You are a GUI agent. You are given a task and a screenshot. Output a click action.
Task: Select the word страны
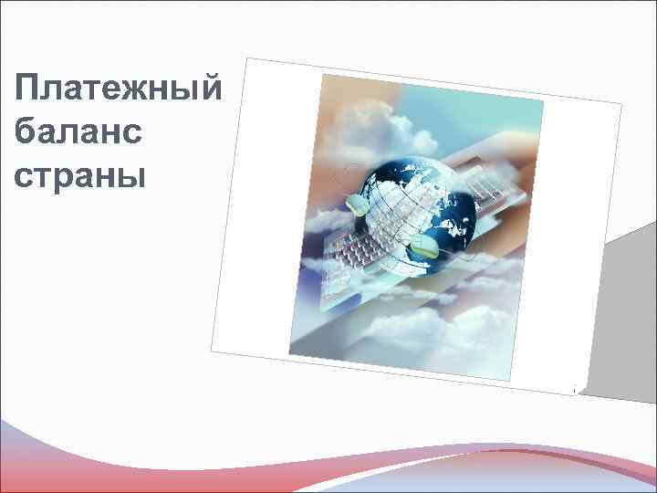80,173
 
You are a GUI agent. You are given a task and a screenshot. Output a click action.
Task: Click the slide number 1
573,391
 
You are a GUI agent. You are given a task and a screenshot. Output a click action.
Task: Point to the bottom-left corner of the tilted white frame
212,351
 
